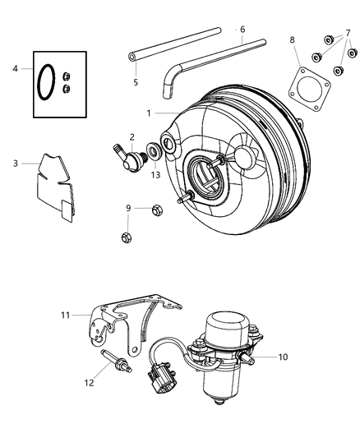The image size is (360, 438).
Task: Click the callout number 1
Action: point(149,113)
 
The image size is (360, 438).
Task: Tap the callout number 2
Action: point(132,137)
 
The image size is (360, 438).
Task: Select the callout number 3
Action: point(16,163)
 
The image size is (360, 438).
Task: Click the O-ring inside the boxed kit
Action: point(48,82)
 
